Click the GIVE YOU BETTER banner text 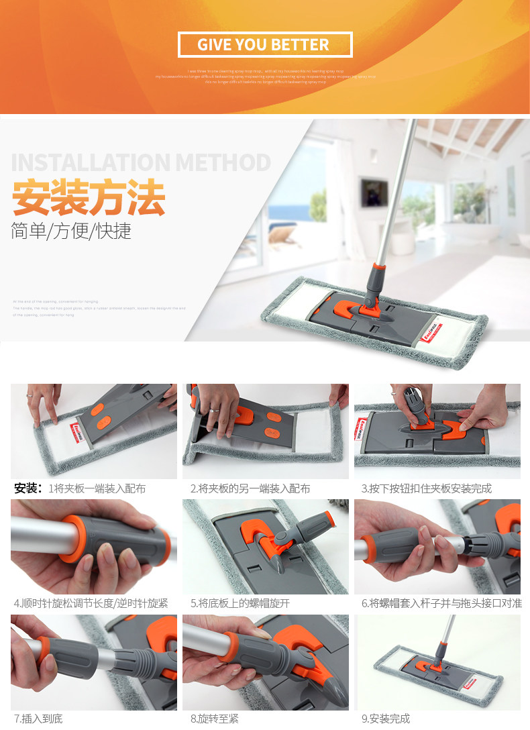click(264, 45)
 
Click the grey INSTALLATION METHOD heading click(141, 162)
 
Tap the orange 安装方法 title click(89, 197)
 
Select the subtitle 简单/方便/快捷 click(71, 231)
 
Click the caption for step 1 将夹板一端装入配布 click(97, 488)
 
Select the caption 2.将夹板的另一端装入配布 click(250, 488)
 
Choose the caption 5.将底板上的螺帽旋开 click(240, 603)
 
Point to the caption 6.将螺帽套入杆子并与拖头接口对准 click(441, 603)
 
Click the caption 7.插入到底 click(38, 719)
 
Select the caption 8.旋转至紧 click(214, 719)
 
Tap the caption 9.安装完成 click(385, 719)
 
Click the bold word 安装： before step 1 click(29, 488)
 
